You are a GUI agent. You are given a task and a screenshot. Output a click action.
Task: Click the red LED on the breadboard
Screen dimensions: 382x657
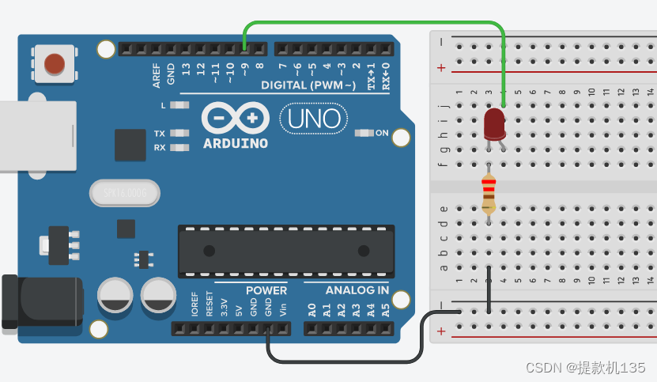point(494,123)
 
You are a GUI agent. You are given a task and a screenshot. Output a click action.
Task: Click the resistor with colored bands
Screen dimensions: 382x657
point(489,194)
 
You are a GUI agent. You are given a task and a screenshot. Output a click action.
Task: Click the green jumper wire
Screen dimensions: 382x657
point(372,24)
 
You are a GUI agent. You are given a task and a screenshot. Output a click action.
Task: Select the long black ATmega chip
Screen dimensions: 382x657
point(285,251)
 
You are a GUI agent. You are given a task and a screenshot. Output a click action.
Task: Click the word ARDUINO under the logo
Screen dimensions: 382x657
point(236,144)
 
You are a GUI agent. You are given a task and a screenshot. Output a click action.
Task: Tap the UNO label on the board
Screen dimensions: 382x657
point(314,119)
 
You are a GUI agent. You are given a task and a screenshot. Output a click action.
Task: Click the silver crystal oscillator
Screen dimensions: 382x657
point(124,192)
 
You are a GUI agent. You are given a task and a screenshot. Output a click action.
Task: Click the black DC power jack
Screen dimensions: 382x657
point(40,301)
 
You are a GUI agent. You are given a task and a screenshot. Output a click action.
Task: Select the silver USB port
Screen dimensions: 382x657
point(36,135)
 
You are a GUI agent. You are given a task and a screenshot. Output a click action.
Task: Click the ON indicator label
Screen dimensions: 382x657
point(383,133)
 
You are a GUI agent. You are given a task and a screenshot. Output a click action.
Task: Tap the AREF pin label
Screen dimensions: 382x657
point(157,75)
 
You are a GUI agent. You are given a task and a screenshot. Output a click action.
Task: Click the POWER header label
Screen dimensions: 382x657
point(266,290)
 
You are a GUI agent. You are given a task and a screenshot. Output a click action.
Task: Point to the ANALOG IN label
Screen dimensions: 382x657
point(357,290)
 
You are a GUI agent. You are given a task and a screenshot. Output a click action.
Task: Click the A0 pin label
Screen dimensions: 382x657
point(312,308)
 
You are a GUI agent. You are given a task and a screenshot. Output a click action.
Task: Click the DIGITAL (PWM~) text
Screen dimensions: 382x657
point(308,85)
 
